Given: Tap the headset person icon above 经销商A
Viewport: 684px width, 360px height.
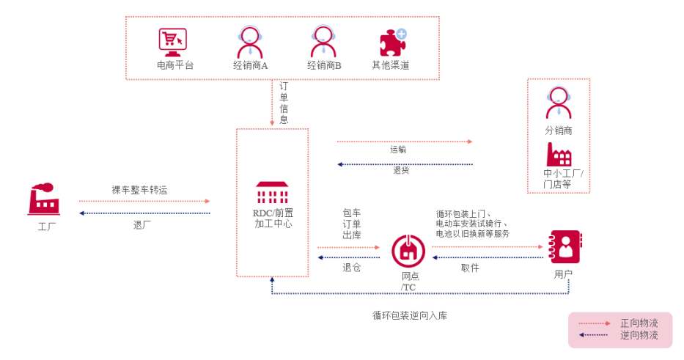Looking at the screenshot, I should pyautogui.click(x=251, y=41).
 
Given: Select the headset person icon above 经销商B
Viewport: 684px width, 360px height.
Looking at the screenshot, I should pyautogui.click(x=324, y=41).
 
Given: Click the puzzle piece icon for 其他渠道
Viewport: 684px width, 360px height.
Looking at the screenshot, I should pyautogui.click(x=392, y=42).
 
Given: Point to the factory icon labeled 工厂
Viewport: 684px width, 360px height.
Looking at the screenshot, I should pyautogui.click(x=43, y=199).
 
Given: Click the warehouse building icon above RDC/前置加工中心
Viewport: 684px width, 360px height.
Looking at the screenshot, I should pyautogui.click(x=272, y=194).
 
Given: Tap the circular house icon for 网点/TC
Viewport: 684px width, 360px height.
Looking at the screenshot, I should pyautogui.click(x=408, y=251).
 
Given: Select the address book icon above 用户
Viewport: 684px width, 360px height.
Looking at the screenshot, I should pyautogui.click(x=565, y=247).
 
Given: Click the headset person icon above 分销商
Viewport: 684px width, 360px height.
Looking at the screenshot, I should pyautogui.click(x=559, y=103).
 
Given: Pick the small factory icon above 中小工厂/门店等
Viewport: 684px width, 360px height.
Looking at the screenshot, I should pyautogui.click(x=559, y=155).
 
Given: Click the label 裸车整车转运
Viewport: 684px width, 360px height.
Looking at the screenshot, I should pyautogui.click(x=139, y=190).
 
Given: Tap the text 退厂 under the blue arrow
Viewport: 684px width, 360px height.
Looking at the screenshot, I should pyautogui.click(x=142, y=225).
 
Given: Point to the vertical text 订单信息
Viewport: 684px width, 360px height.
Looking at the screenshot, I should pyautogui.click(x=284, y=103).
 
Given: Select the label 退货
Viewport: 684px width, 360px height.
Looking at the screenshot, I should pyautogui.click(x=401, y=171).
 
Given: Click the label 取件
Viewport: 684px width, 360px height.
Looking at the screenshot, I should pyautogui.click(x=470, y=268).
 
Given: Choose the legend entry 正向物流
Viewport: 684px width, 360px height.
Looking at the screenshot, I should pyautogui.click(x=639, y=323).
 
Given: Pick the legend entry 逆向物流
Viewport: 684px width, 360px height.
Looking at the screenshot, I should pyautogui.click(x=639, y=335).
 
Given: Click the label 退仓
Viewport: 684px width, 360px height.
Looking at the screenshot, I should pyautogui.click(x=351, y=268).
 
